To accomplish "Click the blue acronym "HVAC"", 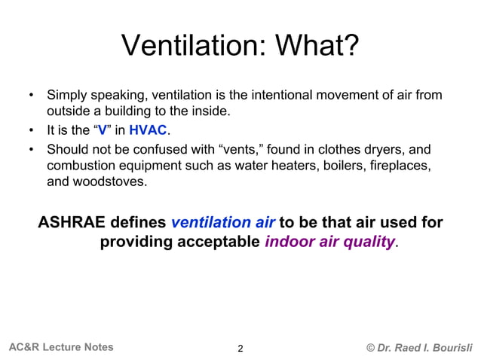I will pyautogui.click(x=147, y=130).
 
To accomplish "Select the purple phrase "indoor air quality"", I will pyautogui.click(x=329, y=243).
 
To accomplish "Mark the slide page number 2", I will pyautogui.click(x=240, y=348).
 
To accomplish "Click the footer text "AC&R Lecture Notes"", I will pyautogui.click(x=61, y=347).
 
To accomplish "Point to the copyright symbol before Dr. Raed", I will pyautogui.click(x=370, y=347).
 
